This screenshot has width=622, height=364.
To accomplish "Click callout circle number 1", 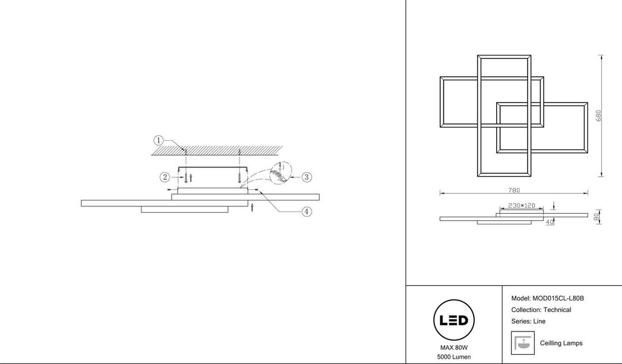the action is (x=158, y=141).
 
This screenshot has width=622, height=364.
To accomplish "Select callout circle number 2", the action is (x=165, y=177).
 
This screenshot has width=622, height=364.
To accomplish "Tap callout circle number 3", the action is (x=307, y=177).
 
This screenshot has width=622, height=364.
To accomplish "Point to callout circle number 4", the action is (x=307, y=212).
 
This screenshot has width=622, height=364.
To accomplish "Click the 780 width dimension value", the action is (x=514, y=190).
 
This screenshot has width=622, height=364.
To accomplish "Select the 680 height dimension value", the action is (x=598, y=116).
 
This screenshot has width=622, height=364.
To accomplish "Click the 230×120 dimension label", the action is (x=522, y=206).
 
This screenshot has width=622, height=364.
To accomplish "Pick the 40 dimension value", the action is (x=549, y=222).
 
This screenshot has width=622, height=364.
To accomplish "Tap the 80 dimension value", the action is (x=597, y=217).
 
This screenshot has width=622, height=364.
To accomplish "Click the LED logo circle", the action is (x=454, y=320).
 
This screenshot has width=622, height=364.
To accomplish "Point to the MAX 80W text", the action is (x=454, y=348).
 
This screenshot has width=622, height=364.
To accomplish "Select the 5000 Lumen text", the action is (x=454, y=357).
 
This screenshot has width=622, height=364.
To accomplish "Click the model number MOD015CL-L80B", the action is (x=558, y=298).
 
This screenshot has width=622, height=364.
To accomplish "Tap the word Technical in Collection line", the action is (x=557, y=310).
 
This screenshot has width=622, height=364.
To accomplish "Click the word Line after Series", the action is (x=539, y=321).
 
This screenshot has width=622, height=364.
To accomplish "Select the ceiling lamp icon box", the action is (x=523, y=343).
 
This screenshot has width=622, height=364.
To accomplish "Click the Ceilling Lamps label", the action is (x=561, y=343).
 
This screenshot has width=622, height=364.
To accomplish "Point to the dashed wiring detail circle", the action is (x=281, y=173).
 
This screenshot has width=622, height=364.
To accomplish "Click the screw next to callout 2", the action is (x=186, y=177).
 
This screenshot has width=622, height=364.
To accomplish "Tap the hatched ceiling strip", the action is (x=217, y=151).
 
